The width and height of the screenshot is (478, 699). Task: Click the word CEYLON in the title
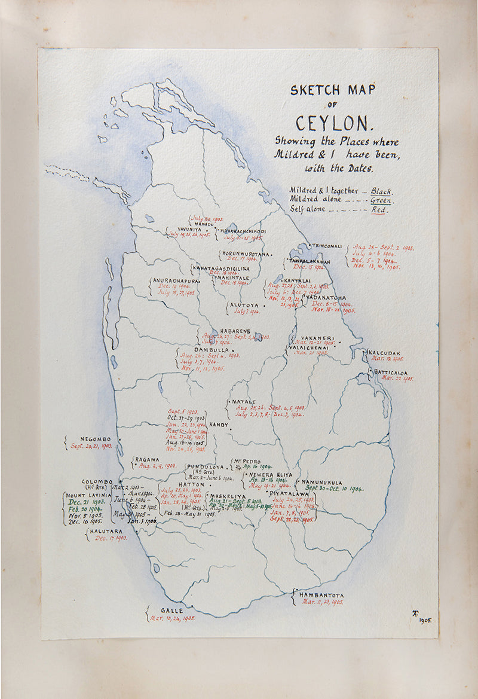click(x=333, y=123)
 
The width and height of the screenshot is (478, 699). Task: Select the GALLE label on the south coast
click(x=171, y=611)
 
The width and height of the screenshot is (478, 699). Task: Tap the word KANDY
click(x=219, y=425)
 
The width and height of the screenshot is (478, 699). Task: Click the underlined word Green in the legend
click(x=381, y=200)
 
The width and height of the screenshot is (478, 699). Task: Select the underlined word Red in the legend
click(x=378, y=210)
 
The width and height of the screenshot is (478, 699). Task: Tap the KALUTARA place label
click(x=106, y=531)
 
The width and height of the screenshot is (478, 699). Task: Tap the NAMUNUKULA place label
click(x=321, y=482)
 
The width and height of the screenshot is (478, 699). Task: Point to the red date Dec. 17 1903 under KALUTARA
click(x=111, y=538)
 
